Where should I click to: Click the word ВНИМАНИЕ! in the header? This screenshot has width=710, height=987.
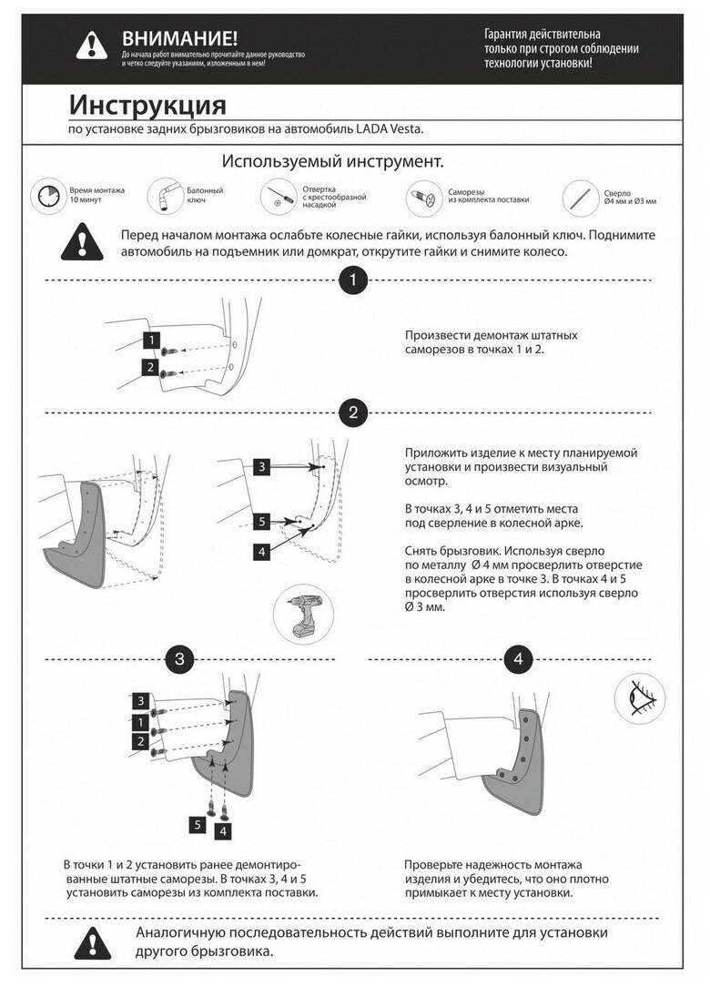point(179,37)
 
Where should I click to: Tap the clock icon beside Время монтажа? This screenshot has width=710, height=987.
point(47,197)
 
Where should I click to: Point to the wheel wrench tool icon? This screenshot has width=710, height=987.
point(164,195)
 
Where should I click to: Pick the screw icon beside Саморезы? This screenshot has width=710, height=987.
point(421,196)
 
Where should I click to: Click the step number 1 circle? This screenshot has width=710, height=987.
point(352,280)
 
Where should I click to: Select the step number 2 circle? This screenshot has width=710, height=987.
point(352,412)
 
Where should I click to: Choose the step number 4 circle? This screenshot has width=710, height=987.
point(520,657)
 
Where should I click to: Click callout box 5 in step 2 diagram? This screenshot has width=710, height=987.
point(261,523)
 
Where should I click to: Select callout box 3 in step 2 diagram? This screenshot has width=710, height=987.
point(261,467)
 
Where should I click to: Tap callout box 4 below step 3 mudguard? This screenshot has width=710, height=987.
point(223,830)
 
